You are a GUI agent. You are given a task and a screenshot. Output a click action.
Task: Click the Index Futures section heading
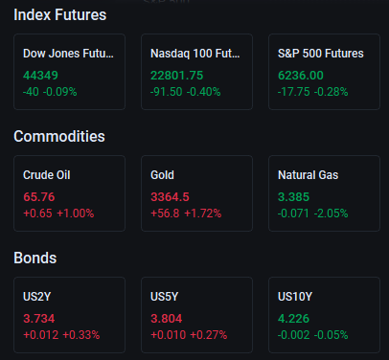click(x=60, y=15)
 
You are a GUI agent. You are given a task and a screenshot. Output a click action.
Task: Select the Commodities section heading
click(x=59, y=137)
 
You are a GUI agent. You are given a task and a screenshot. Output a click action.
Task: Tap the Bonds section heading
click(x=35, y=259)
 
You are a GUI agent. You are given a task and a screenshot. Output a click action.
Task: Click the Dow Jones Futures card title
click(x=68, y=54)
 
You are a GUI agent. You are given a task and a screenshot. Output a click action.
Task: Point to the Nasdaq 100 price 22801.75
click(x=176, y=76)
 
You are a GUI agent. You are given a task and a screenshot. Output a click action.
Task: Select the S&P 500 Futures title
click(x=321, y=54)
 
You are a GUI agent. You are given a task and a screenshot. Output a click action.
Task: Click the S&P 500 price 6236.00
click(x=301, y=76)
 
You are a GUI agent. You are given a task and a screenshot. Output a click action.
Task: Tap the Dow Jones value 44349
click(x=40, y=76)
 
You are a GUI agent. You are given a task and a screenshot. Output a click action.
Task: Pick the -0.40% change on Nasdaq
click(x=203, y=92)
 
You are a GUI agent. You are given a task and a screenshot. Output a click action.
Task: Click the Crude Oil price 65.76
click(x=39, y=197)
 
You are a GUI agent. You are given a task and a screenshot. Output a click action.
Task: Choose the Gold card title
click(x=162, y=175)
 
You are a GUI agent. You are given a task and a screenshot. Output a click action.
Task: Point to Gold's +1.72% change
click(x=203, y=214)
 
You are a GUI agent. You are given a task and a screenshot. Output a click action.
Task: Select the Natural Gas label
click(x=308, y=175)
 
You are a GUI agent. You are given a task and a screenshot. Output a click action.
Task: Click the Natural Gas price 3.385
click(x=293, y=197)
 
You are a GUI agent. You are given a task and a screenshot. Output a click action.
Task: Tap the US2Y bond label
click(x=37, y=297)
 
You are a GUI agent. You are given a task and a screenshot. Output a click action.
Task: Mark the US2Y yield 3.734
click(x=39, y=319)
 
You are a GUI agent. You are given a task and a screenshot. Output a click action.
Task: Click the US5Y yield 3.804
click(x=167, y=319)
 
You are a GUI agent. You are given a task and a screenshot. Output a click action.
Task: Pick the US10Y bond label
click(x=295, y=297)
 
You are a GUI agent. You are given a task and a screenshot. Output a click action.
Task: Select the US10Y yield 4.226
click(x=293, y=319)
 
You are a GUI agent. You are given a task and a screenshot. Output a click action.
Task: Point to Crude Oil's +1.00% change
click(x=76, y=214)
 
